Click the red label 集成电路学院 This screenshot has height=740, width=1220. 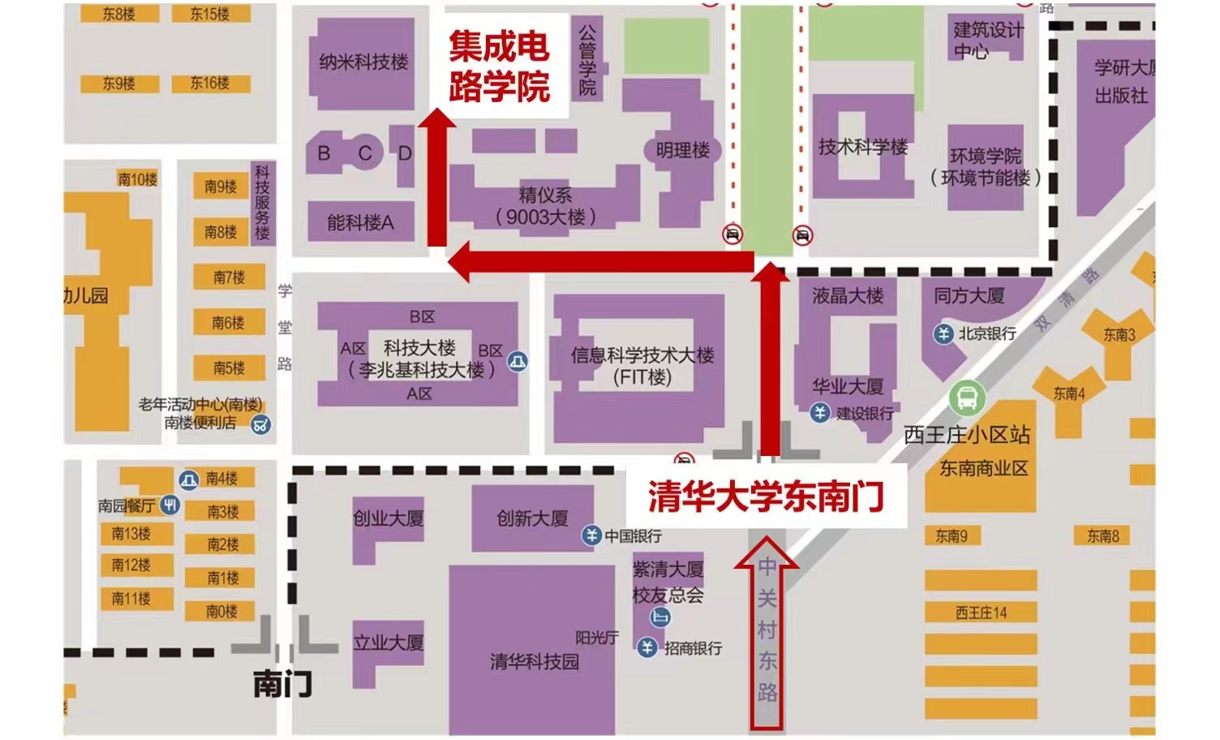(x=499, y=67)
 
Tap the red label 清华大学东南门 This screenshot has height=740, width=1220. (x=765, y=497)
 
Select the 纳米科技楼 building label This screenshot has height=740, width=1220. (x=363, y=62)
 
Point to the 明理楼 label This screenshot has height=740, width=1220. (x=682, y=150)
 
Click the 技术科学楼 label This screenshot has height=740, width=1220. (x=862, y=147)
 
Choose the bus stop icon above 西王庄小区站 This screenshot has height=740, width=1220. (x=967, y=398)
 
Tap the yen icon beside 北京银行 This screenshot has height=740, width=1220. (x=943, y=333)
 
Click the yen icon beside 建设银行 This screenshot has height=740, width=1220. (x=820, y=413)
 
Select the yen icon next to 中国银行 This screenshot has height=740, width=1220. (x=591, y=536)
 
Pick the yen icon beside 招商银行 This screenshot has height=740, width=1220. (x=647, y=647)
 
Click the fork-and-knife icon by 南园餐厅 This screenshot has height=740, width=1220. (x=170, y=505)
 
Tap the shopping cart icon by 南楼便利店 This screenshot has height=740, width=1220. (x=260, y=424)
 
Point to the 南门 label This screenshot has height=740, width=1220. (x=281, y=684)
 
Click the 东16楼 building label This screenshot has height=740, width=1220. (x=209, y=83)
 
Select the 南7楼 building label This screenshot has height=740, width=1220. (x=229, y=277)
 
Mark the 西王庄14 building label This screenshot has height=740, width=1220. (x=981, y=613)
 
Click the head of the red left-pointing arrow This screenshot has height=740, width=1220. (x=460, y=261)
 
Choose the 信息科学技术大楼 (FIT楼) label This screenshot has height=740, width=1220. (x=642, y=366)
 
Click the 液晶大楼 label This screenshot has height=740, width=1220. (x=848, y=296)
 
